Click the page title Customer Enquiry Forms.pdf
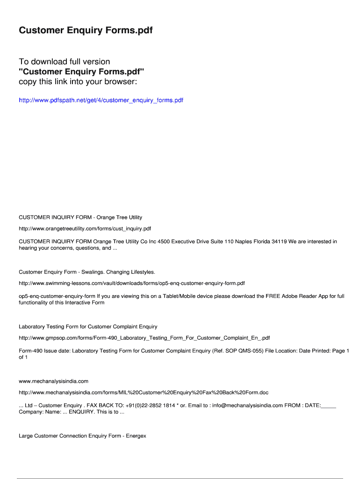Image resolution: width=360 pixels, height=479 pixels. click(x=86, y=30)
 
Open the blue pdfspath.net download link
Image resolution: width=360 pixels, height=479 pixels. click(x=101, y=100)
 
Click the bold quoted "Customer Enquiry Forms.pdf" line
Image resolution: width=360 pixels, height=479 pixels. click(x=81, y=72)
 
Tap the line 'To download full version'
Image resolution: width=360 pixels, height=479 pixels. click(x=65, y=62)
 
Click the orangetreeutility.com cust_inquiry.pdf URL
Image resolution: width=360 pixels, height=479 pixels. click(x=85, y=229)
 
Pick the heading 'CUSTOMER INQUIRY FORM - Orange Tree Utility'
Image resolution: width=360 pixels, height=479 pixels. click(x=80, y=218)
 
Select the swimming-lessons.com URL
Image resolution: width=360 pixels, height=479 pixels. click(x=131, y=283)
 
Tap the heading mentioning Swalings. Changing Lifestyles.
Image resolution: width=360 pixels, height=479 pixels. click(x=86, y=272)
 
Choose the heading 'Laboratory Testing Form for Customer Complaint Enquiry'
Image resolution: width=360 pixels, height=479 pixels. click(x=88, y=327)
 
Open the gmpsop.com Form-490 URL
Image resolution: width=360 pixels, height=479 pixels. click(x=144, y=338)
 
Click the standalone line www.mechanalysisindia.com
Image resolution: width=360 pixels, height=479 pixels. click(x=53, y=381)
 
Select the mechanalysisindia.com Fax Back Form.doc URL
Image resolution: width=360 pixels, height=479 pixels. click(x=144, y=392)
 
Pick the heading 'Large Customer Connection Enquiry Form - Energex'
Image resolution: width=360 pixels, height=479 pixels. click(x=82, y=436)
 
